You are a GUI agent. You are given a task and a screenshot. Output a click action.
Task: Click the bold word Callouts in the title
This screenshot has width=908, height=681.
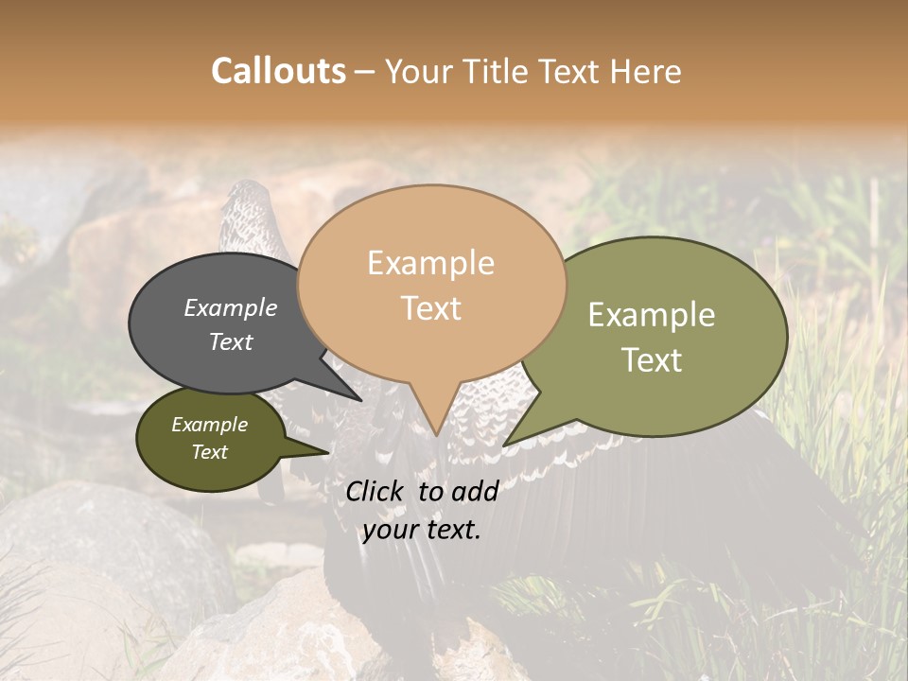pos(278,71)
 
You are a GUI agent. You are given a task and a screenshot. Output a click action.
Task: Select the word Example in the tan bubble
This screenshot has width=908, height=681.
pos(430,263)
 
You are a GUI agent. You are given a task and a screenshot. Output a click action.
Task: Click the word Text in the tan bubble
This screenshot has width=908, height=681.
pos(430,307)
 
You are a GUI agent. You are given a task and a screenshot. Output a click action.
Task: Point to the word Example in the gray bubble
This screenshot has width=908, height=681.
pos(231,307)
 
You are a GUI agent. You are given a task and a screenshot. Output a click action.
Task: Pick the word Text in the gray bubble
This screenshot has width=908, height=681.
pos(231,341)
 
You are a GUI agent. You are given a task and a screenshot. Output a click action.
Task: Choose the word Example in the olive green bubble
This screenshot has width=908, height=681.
pos(652,315)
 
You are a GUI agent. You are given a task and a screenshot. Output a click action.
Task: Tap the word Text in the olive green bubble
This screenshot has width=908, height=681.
pos(652,359)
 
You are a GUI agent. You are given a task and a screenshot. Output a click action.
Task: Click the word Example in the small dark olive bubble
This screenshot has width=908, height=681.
pos(209,425)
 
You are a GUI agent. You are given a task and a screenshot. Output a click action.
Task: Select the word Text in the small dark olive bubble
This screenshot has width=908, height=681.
pos(209,452)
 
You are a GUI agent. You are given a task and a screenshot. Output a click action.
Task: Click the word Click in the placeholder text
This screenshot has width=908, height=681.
pos(376,491)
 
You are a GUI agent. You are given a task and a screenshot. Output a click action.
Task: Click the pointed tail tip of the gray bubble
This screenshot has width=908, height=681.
pos(361,399)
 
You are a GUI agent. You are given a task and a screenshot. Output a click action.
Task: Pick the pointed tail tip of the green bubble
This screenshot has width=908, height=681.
pos(504,445)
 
